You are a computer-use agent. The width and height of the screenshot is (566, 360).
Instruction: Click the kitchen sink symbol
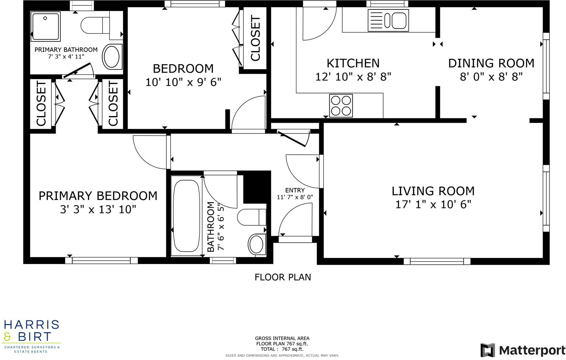388,20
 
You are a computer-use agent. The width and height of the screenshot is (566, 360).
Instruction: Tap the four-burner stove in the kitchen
341,106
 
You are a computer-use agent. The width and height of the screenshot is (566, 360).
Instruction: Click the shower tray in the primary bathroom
45,26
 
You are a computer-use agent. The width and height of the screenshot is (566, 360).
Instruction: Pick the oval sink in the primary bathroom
112,57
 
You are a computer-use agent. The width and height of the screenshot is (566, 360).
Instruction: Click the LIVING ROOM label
433,191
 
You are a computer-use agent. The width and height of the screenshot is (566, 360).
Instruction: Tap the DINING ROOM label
491,63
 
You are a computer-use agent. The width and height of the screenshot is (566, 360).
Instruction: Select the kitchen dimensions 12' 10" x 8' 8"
353,77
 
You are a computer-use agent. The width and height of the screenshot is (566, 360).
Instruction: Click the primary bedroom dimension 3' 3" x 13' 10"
98,209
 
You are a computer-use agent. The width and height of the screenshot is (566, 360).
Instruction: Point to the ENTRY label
295,190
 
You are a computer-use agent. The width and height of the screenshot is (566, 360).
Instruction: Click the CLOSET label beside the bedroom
255,39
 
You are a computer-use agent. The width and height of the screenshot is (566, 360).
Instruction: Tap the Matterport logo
523,350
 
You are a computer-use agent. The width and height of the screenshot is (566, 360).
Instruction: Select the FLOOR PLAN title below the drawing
283,277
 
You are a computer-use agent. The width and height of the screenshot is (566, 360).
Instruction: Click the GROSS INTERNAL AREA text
282,338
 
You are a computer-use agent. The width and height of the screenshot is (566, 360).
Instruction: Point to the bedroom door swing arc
246,112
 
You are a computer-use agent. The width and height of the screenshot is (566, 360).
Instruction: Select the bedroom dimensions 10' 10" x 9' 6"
183,82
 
